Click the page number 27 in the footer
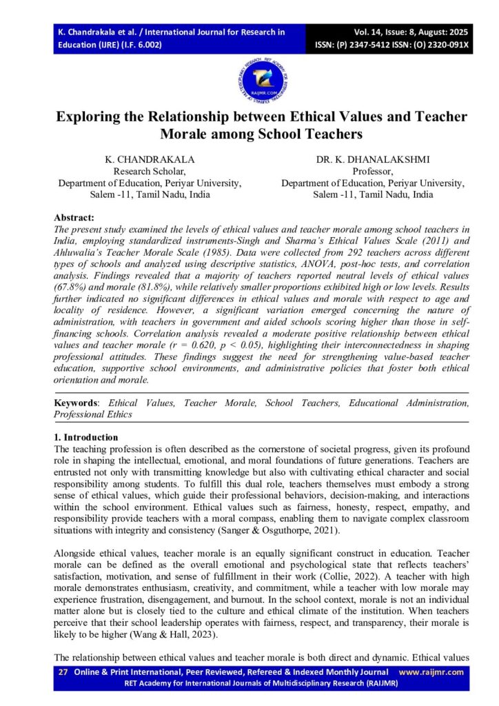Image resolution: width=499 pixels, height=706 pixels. tap(63, 672)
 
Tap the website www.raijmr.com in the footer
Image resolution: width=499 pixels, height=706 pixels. tap(431, 672)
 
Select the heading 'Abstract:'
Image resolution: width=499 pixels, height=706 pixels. tap(74, 217)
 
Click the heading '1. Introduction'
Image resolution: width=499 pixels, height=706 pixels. tap(86, 437)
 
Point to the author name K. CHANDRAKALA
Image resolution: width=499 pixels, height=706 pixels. tap(150, 159)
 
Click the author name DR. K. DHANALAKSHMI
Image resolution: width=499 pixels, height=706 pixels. tap(372, 159)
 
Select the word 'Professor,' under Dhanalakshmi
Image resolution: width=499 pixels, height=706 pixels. tap(372, 171)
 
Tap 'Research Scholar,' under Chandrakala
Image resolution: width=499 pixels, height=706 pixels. tap(150, 171)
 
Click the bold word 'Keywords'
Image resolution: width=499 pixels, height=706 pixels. tap(76, 403)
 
